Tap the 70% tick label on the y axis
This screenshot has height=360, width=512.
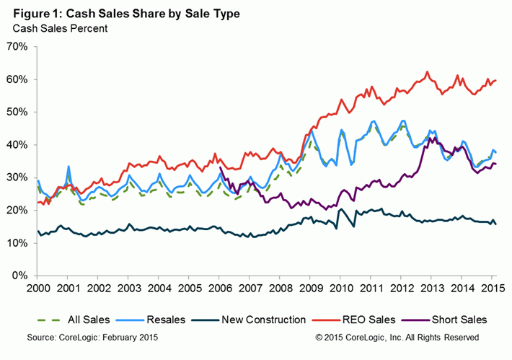coord(17,47)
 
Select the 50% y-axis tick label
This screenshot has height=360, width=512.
coord(17,113)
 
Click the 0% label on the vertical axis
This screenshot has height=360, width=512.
coord(19,276)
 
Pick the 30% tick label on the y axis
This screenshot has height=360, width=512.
coord(17,177)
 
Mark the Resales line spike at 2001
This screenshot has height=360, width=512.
coord(69,167)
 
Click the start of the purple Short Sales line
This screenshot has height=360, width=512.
coord(219,167)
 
